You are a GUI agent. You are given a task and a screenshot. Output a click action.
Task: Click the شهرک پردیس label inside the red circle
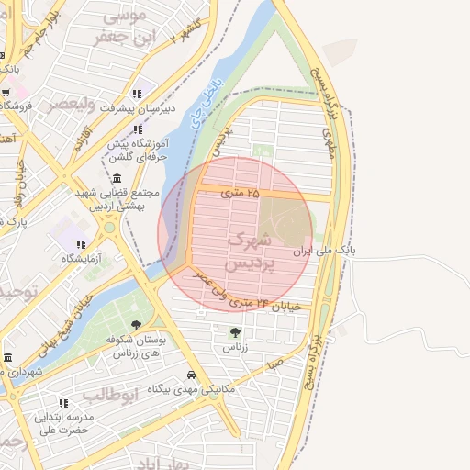249,251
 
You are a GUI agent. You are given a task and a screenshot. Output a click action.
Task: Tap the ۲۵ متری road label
241,194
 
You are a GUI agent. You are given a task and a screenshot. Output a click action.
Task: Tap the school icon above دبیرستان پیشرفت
138,94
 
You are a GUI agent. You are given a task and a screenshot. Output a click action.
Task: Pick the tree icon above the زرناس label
235,332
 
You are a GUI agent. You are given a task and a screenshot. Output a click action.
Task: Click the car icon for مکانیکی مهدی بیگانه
190,375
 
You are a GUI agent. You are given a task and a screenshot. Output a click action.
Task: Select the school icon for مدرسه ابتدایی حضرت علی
63,402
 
